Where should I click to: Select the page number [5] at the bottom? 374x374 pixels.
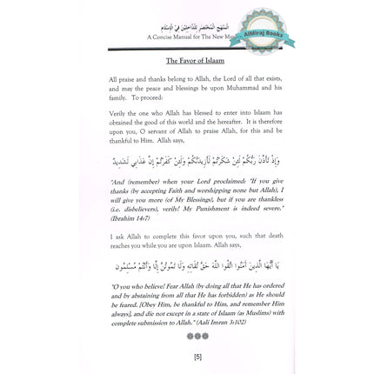pos(197,356)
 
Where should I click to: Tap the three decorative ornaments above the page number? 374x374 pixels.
pos(197,335)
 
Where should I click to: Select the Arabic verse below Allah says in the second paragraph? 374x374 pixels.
pos(197,161)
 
